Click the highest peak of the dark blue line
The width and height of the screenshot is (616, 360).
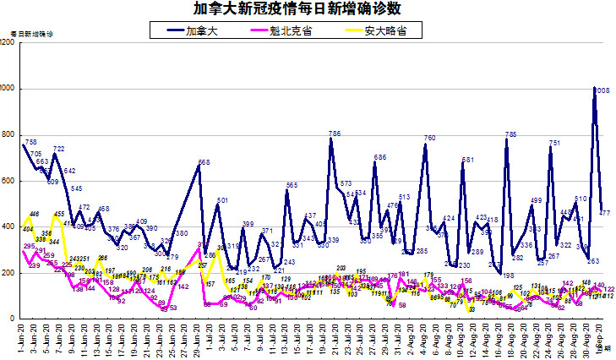pyautogui.click(x=596, y=88)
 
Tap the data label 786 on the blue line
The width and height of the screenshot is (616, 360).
pyautogui.click(x=335, y=134)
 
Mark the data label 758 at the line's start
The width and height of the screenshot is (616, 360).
pyautogui.click(x=30, y=142)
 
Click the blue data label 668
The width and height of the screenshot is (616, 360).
pyautogui.click(x=204, y=162)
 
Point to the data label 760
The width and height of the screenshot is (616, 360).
pyautogui.click(x=429, y=138)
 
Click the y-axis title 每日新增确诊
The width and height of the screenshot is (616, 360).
pyautogui.click(x=31, y=34)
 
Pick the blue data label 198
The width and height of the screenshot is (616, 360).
pyautogui.click(x=509, y=275)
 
